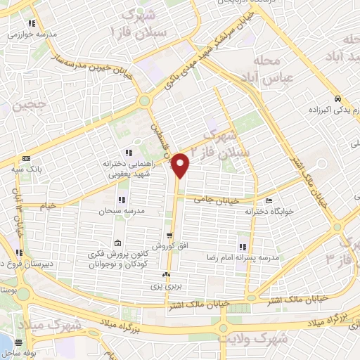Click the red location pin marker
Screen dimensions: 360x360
point(181,165)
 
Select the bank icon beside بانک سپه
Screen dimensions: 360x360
point(27,159)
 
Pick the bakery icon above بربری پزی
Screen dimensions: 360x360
point(166,275)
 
